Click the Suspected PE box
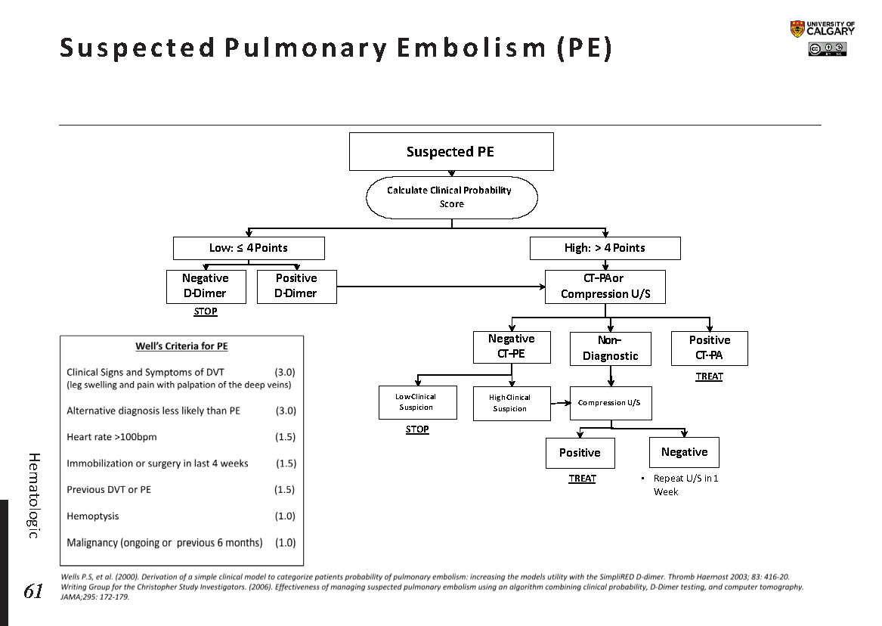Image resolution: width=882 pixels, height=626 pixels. click(450, 151)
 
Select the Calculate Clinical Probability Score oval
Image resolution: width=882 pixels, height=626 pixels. click(451, 197)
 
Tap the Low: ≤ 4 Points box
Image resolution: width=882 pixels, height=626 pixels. click(249, 248)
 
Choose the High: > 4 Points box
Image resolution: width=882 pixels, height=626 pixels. click(605, 248)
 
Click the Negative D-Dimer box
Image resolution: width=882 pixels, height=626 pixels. click(205, 286)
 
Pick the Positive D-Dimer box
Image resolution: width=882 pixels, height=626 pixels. click(296, 286)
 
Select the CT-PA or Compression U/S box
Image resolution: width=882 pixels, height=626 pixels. click(605, 287)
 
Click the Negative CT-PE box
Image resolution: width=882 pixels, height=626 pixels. click(512, 346)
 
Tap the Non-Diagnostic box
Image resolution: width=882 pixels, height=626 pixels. click(610, 349)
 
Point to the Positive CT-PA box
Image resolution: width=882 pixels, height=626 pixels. click(709, 348)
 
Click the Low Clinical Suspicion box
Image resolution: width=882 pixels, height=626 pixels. click(417, 402)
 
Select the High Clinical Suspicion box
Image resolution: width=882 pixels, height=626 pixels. click(510, 403)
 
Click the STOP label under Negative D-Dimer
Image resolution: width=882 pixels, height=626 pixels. click(206, 311)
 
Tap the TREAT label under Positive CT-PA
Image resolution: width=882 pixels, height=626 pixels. click(709, 377)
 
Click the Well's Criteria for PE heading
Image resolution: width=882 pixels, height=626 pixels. click(181, 346)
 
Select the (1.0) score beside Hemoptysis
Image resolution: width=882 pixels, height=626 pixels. click(285, 516)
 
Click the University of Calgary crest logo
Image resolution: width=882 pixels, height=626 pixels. click(797, 29)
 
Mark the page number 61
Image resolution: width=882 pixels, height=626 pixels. click(33, 591)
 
